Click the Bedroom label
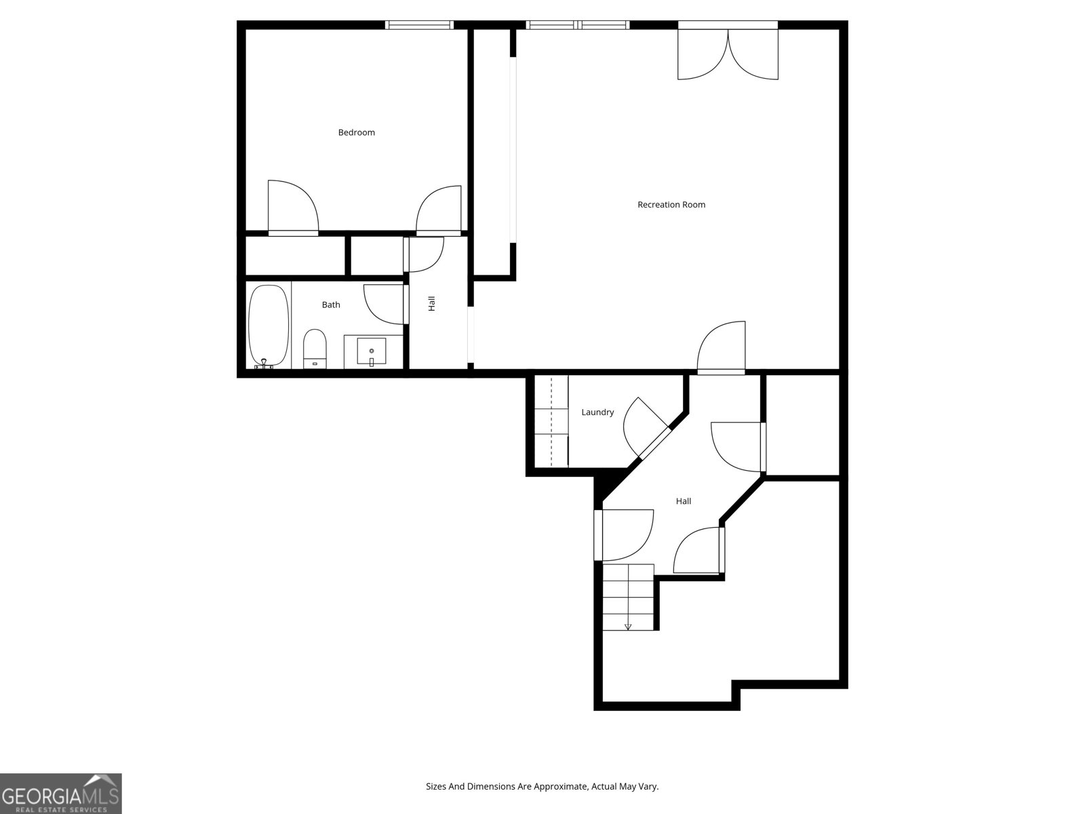[356, 132]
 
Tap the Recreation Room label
[671, 204]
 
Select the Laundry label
[597, 412]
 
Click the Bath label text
[331, 305]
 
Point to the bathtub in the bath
[268, 326]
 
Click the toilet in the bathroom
[314, 348]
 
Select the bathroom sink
[371, 352]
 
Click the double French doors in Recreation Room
[728, 55]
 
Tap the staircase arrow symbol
[628, 626]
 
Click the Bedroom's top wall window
[419, 25]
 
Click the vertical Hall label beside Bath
[431, 303]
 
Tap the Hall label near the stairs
[683, 501]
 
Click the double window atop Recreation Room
[578, 25]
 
